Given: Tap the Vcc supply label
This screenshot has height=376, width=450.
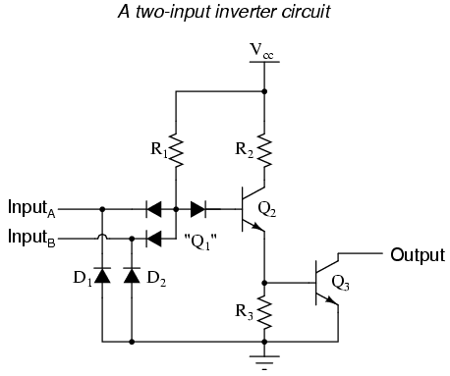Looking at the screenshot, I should point(261,50).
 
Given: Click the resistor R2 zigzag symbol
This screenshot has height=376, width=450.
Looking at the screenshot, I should point(263,146).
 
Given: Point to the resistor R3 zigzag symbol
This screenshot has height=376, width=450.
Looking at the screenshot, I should point(263,311).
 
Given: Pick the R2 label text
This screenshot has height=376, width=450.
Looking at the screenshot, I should point(245,152).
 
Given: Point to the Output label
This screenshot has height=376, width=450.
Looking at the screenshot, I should point(418,255).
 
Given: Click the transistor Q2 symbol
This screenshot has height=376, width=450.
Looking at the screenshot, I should point(253,208).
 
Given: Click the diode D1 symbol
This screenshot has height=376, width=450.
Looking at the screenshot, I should point(102,274).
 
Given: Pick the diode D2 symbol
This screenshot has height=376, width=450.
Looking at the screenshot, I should point(131,274).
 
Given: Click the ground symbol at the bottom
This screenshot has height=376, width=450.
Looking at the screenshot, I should point(263,360).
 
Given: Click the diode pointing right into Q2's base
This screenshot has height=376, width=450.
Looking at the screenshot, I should point(198,208).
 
